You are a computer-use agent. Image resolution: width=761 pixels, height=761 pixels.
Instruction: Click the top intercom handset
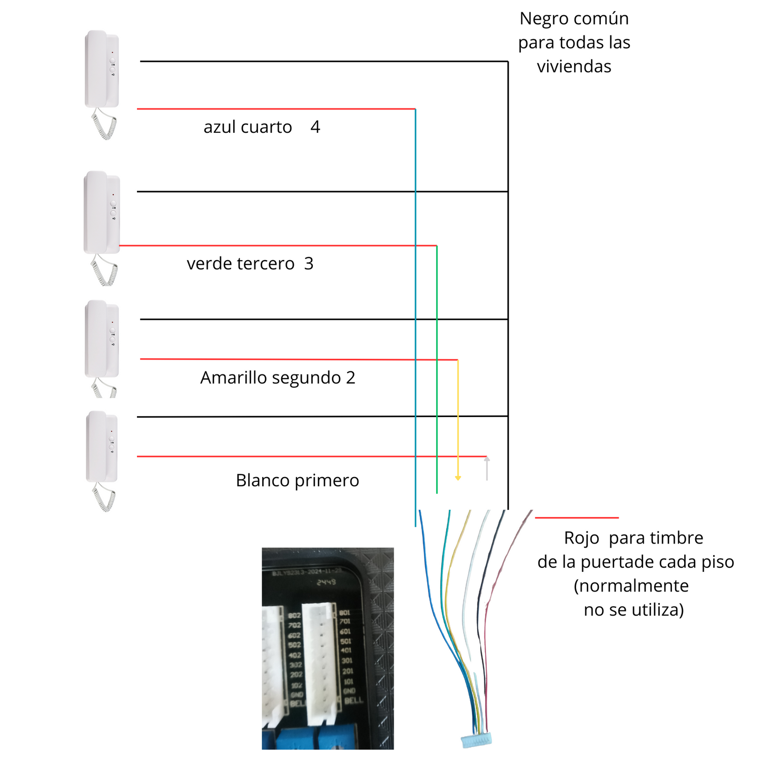[x=102, y=68]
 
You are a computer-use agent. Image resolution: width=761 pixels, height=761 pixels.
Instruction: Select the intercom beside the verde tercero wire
[x=102, y=212]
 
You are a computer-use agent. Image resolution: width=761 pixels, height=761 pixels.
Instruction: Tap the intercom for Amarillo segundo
[x=102, y=338]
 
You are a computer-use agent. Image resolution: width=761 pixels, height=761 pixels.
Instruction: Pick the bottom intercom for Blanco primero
[x=102, y=447]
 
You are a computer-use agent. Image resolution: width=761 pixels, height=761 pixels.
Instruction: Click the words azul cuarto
[x=248, y=127]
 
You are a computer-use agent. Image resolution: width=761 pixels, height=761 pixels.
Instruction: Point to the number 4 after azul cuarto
[x=315, y=127]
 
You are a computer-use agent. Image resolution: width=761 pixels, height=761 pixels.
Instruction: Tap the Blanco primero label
[x=297, y=480]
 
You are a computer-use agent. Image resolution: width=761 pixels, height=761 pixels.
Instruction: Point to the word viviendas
[x=574, y=67]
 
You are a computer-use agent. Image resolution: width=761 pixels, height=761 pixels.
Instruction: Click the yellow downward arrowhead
[x=458, y=478]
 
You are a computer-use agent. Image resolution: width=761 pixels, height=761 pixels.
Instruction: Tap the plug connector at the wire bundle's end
[x=476, y=740]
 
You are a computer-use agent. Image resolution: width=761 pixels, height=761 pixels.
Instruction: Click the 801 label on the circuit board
[x=345, y=612]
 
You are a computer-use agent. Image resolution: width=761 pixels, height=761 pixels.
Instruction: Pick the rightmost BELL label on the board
[x=353, y=700]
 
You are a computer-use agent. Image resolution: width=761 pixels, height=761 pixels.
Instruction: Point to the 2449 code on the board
[x=326, y=582]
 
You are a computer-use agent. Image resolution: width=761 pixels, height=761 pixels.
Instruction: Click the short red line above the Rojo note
[x=577, y=518]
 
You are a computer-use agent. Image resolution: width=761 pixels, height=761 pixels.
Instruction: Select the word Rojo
[x=581, y=538]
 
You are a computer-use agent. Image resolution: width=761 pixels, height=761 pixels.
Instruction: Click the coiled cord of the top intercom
[x=104, y=124]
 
